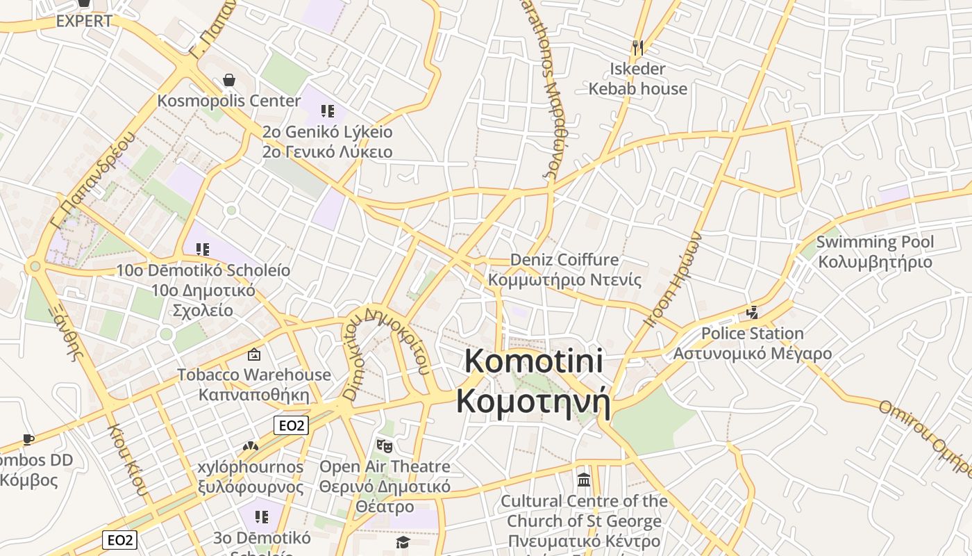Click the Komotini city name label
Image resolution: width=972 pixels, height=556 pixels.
pyautogui.click(x=533, y=382)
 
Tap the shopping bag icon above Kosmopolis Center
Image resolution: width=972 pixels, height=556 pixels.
pyautogui.click(x=228, y=81)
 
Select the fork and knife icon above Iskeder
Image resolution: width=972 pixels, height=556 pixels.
pyautogui.click(x=638, y=47)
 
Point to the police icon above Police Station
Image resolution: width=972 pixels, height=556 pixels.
pyautogui.click(x=752, y=313)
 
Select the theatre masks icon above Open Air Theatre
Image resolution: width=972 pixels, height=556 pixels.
pyautogui.click(x=384, y=445)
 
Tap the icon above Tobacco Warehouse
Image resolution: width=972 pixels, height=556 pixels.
pyautogui.click(x=254, y=354)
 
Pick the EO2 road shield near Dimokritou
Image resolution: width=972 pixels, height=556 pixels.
pyautogui.click(x=290, y=425)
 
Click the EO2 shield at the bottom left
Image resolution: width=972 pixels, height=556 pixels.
pyautogui.click(x=119, y=539)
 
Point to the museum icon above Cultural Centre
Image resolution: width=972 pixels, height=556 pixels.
pyautogui.click(x=584, y=480)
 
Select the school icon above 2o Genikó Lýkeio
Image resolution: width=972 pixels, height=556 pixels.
pyautogui.click(x=328, y=111)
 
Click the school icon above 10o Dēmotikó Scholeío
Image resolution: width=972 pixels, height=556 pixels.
pyautogui.click(x=203, y=249)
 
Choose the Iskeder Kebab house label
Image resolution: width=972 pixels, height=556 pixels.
pyautogui.click(x=638, y=79)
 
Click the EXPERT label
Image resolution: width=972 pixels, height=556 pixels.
pyautogui.click(x=84, y=21)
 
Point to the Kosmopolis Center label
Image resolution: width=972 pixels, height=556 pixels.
pyautogui.click(x=229, y=101)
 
